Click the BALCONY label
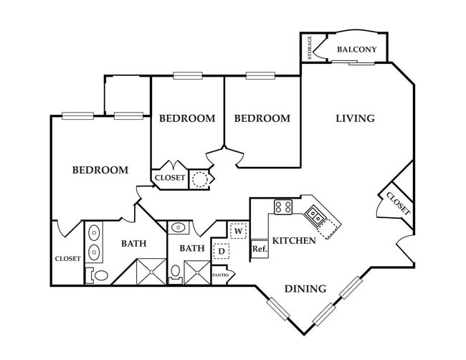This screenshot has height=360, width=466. pos(357,49)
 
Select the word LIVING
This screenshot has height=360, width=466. pos(355,118)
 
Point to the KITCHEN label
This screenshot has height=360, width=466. pos(294,241)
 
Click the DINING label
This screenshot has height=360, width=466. pos(305,289)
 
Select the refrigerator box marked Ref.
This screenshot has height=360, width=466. pos(259,249)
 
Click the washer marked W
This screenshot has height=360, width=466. pos(237,231)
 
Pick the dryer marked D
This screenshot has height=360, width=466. pos(222,251)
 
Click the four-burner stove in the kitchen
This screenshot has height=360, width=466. pos(282,208)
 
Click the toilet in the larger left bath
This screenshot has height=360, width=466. pos(100,275)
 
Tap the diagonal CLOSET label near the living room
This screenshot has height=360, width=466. pos(398,202)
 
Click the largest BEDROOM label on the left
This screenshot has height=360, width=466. pos(100,170)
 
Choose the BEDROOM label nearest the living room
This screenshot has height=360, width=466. pos(262,118)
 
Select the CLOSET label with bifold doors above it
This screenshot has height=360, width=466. pos(170,178)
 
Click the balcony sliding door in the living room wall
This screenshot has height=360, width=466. pos(352,63)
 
